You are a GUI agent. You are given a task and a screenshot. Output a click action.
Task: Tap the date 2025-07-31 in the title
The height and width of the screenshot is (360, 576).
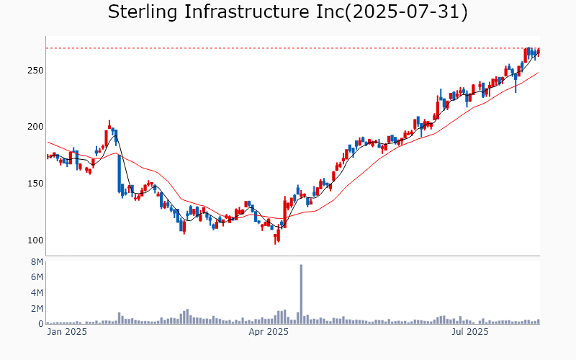coord(406,12)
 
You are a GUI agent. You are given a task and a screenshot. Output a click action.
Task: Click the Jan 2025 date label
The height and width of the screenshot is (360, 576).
coord(67,333)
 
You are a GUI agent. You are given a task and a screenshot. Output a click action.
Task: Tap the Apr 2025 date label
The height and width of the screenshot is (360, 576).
coord(269,333)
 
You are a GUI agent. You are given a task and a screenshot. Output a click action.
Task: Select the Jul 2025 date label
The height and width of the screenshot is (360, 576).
coord(469,333)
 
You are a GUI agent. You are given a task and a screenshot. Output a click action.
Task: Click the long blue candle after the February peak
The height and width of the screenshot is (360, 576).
coord(120,174)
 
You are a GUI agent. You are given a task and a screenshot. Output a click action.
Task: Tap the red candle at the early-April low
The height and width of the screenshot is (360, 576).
coord(275,238)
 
